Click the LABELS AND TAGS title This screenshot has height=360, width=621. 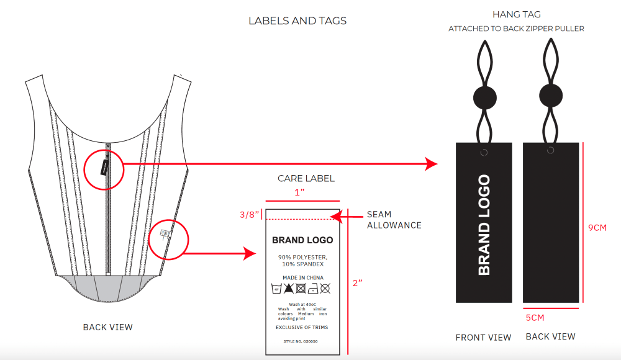click(297, 20)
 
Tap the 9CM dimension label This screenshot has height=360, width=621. click(597, 228)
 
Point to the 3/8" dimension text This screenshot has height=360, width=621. click(248, 215)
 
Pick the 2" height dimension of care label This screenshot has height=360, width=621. click(356, 282)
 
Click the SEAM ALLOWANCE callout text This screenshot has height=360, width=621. click(394, 220)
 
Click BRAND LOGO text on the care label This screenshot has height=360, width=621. click(302, 240)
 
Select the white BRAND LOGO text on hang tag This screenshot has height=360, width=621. click(484, 225)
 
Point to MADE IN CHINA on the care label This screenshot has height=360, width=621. click(303, 277)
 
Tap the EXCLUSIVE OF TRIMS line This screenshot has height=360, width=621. click(302, 327)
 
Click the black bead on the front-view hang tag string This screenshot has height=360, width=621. click(486, 97)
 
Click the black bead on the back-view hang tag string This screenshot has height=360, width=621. click(551, 96)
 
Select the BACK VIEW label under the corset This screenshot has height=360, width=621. click(107, 327)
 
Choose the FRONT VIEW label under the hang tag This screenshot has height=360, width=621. click(483, 338)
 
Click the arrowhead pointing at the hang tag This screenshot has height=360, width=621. click(432, 164)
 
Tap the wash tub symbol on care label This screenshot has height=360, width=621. click(277, 289)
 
